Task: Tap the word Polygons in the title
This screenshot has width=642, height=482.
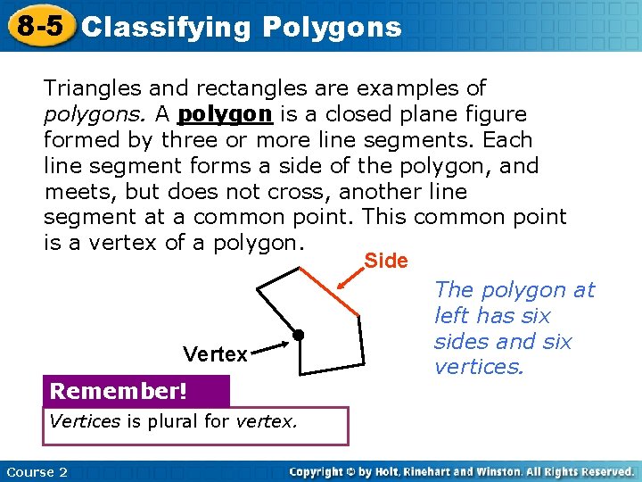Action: pos(332,27)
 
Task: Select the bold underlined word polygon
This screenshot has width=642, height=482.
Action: pos(226,115)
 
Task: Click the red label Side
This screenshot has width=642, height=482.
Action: pos(386,261)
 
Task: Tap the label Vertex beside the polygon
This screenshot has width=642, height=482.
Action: pos(215,354)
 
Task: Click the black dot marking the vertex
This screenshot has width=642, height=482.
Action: pos(300,336)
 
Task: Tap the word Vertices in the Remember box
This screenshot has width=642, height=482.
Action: pos(86,421)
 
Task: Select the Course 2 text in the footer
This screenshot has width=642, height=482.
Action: pos(37,471)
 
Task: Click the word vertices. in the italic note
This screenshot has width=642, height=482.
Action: pos(478,367)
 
